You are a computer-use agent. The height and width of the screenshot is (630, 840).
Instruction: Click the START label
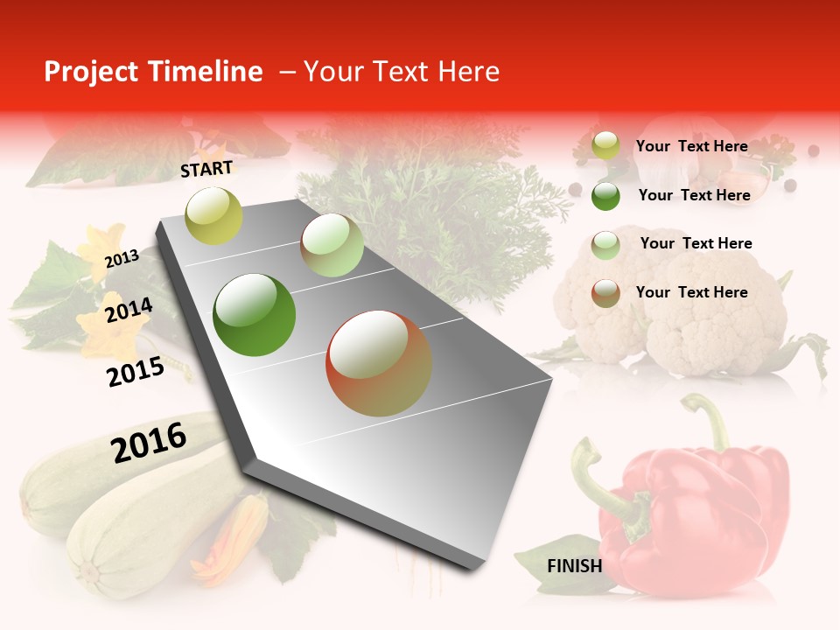(206, 169)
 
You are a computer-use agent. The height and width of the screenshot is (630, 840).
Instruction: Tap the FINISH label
(575, 566)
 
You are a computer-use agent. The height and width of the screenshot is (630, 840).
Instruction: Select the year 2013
(122, 258)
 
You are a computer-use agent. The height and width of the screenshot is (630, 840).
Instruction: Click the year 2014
(129, 311)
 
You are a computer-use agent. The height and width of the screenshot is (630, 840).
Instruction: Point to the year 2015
(136, 372)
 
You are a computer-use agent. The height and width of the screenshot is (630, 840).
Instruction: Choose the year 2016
(149, 442)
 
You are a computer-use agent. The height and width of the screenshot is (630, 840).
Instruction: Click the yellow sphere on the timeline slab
(213, 215)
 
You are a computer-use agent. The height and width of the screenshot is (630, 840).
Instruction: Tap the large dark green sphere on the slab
(255, 315)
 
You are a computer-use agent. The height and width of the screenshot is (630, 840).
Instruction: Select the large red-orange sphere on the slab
(379, 364)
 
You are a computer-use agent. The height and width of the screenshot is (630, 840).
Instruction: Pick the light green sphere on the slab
(332, 245)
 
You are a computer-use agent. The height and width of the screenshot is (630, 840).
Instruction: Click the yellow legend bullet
(605, 146)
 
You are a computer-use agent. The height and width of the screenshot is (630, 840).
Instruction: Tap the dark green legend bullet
(605, 196)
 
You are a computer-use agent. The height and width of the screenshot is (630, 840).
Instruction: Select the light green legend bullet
(605, 244)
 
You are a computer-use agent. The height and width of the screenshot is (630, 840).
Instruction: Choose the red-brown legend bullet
(605, 293)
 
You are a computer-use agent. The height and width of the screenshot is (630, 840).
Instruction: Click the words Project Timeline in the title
(153, 72)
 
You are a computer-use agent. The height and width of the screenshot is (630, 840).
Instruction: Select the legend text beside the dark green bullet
(694, 195)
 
